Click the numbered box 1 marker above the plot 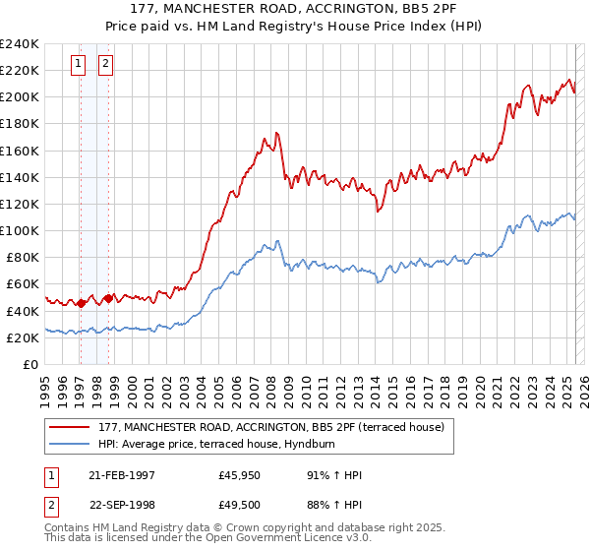click(79, 65)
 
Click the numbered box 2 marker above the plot click(106, 65)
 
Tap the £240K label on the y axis click(20, 44)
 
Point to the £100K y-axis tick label click(20, 230)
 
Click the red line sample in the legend click(69, 427)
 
